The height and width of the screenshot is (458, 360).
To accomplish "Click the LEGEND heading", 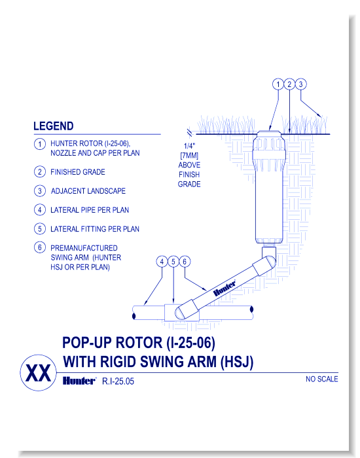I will point(53,126).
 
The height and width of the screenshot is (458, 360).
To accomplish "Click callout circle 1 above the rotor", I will point(278,84).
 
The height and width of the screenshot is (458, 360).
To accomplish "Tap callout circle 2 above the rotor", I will point(289,84).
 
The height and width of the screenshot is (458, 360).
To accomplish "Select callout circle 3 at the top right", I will point(300,84).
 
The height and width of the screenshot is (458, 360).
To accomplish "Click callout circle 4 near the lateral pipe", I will point(162,262).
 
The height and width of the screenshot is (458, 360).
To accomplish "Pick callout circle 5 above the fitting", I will point(173,262).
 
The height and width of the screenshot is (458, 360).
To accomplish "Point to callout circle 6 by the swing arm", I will point(185,262).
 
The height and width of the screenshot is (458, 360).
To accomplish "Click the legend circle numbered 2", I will point(40,172).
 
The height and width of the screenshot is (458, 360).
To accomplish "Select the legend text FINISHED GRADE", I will point(78,172).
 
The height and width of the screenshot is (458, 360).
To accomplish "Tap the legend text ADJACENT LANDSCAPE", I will point(88,191).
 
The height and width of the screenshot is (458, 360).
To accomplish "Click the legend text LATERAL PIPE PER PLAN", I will point(90,210).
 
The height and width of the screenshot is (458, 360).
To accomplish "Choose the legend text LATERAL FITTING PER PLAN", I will point(95,229).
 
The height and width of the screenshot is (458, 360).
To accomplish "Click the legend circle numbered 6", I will point(40,249).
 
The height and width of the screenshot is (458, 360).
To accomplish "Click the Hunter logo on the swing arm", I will point(225,287).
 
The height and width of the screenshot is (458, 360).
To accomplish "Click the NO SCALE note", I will point(321,379).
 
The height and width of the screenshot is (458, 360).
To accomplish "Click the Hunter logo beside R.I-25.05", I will point(79,380).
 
